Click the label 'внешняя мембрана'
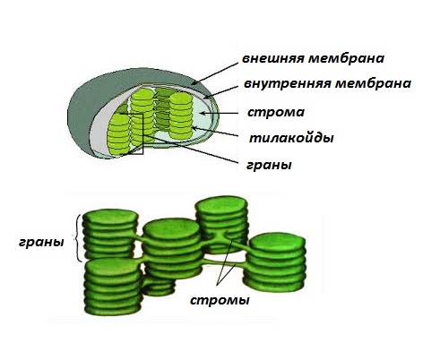coord(313,58)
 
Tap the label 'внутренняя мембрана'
coord(327,83)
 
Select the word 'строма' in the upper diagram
coord(276,113)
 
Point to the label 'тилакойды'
coord(291,138)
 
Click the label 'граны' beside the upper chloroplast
coord(269,165)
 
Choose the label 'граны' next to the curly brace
coord(41,242)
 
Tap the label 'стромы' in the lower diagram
coord(220,300)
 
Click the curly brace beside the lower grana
coord(78,238)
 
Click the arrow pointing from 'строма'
coord(219,113)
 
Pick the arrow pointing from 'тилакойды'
coord(214,133)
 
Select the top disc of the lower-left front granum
coord(113,267)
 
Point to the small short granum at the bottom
coord(159,287)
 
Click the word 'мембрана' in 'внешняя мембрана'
coord(346,58)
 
